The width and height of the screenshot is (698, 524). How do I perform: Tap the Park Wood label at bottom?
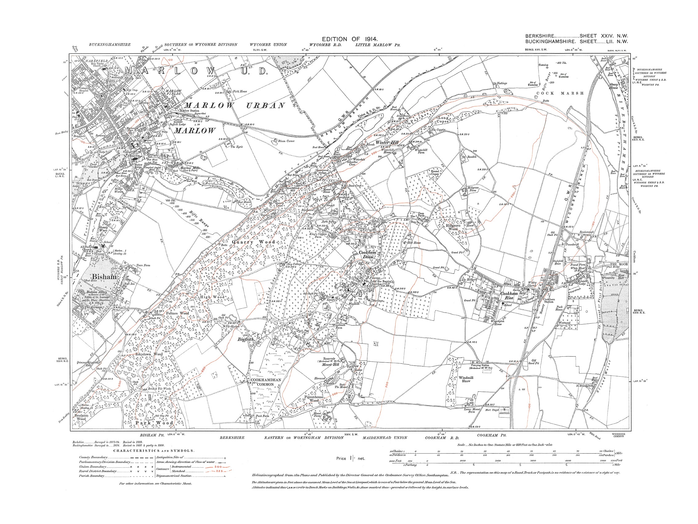click(154, 423)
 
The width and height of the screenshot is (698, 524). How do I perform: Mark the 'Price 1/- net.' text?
click(351, 458)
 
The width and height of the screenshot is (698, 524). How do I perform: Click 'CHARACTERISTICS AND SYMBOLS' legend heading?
click(154, 451)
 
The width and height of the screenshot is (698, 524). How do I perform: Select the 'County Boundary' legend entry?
click(93, 457)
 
